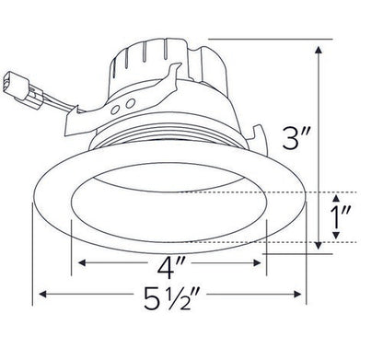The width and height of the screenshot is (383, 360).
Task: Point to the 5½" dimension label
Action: click(171, 299)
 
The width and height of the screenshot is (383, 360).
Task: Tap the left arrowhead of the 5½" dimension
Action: click(41, 296)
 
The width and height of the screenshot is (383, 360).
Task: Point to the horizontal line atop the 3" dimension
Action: click(267, 40)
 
